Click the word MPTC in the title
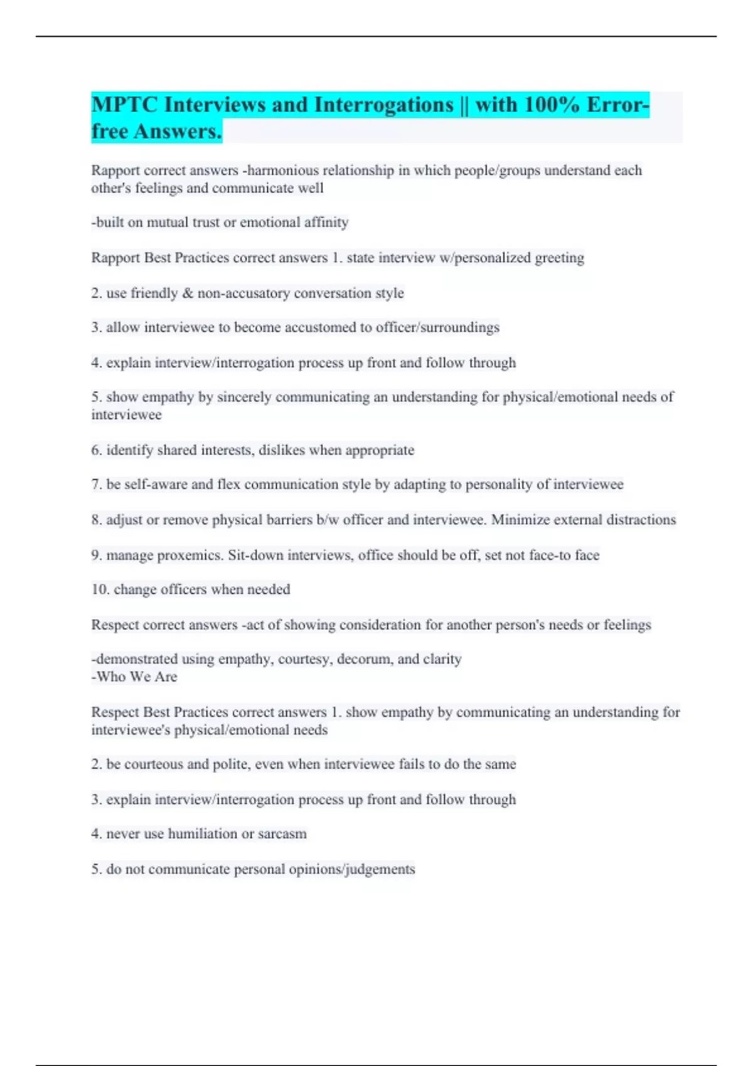pyautogui.click(x=124, y=105)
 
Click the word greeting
pyautogui.click(x=559, y=258)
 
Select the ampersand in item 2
pyautogui.click(x=188, y=293)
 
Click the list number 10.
pyautogui.click(x=100, y=589)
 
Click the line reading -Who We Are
pyautogui.click(x=134, y=677)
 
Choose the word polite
pyautogui.click(x=230, y=764)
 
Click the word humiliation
pyautogui.click(x=203, y=834)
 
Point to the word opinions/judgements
pyautogui.click(x=355, y=869)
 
